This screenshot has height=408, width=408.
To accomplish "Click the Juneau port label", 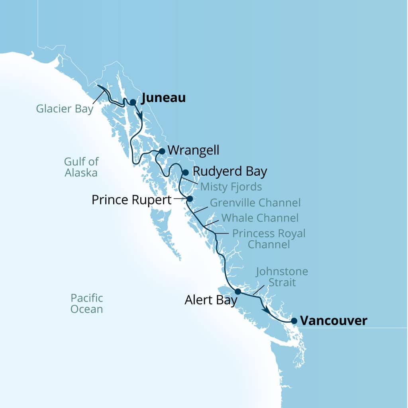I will click(163, 98).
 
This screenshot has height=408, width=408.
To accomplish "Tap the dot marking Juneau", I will click(133, 102).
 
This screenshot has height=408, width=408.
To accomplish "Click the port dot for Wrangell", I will click(162, 151).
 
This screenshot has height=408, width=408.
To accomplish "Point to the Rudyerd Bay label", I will click(229, 171).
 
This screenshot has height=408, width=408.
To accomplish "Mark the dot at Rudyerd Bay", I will click(185, 173).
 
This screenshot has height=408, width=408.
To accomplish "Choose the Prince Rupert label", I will click(131, 199).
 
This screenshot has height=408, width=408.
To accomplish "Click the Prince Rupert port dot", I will click(190, 198).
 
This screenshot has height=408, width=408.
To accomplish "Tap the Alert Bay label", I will click(211, 300).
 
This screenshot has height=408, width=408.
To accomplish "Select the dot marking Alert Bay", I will click(238, 291).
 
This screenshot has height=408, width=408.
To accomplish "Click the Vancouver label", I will click(333, 321).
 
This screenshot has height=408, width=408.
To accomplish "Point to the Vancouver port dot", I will click(294, 321).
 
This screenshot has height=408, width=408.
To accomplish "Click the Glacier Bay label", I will click(65, 109).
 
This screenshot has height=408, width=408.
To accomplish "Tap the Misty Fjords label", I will click(231, 186).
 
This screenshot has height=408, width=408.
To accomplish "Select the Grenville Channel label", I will click(255, 202).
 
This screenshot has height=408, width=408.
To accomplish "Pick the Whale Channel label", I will click(260, 218).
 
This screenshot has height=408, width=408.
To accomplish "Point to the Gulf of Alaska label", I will click(81, 167).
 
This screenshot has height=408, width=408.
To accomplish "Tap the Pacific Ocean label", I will click(87, 303).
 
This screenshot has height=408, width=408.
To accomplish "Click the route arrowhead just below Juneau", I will click(140, 114).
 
